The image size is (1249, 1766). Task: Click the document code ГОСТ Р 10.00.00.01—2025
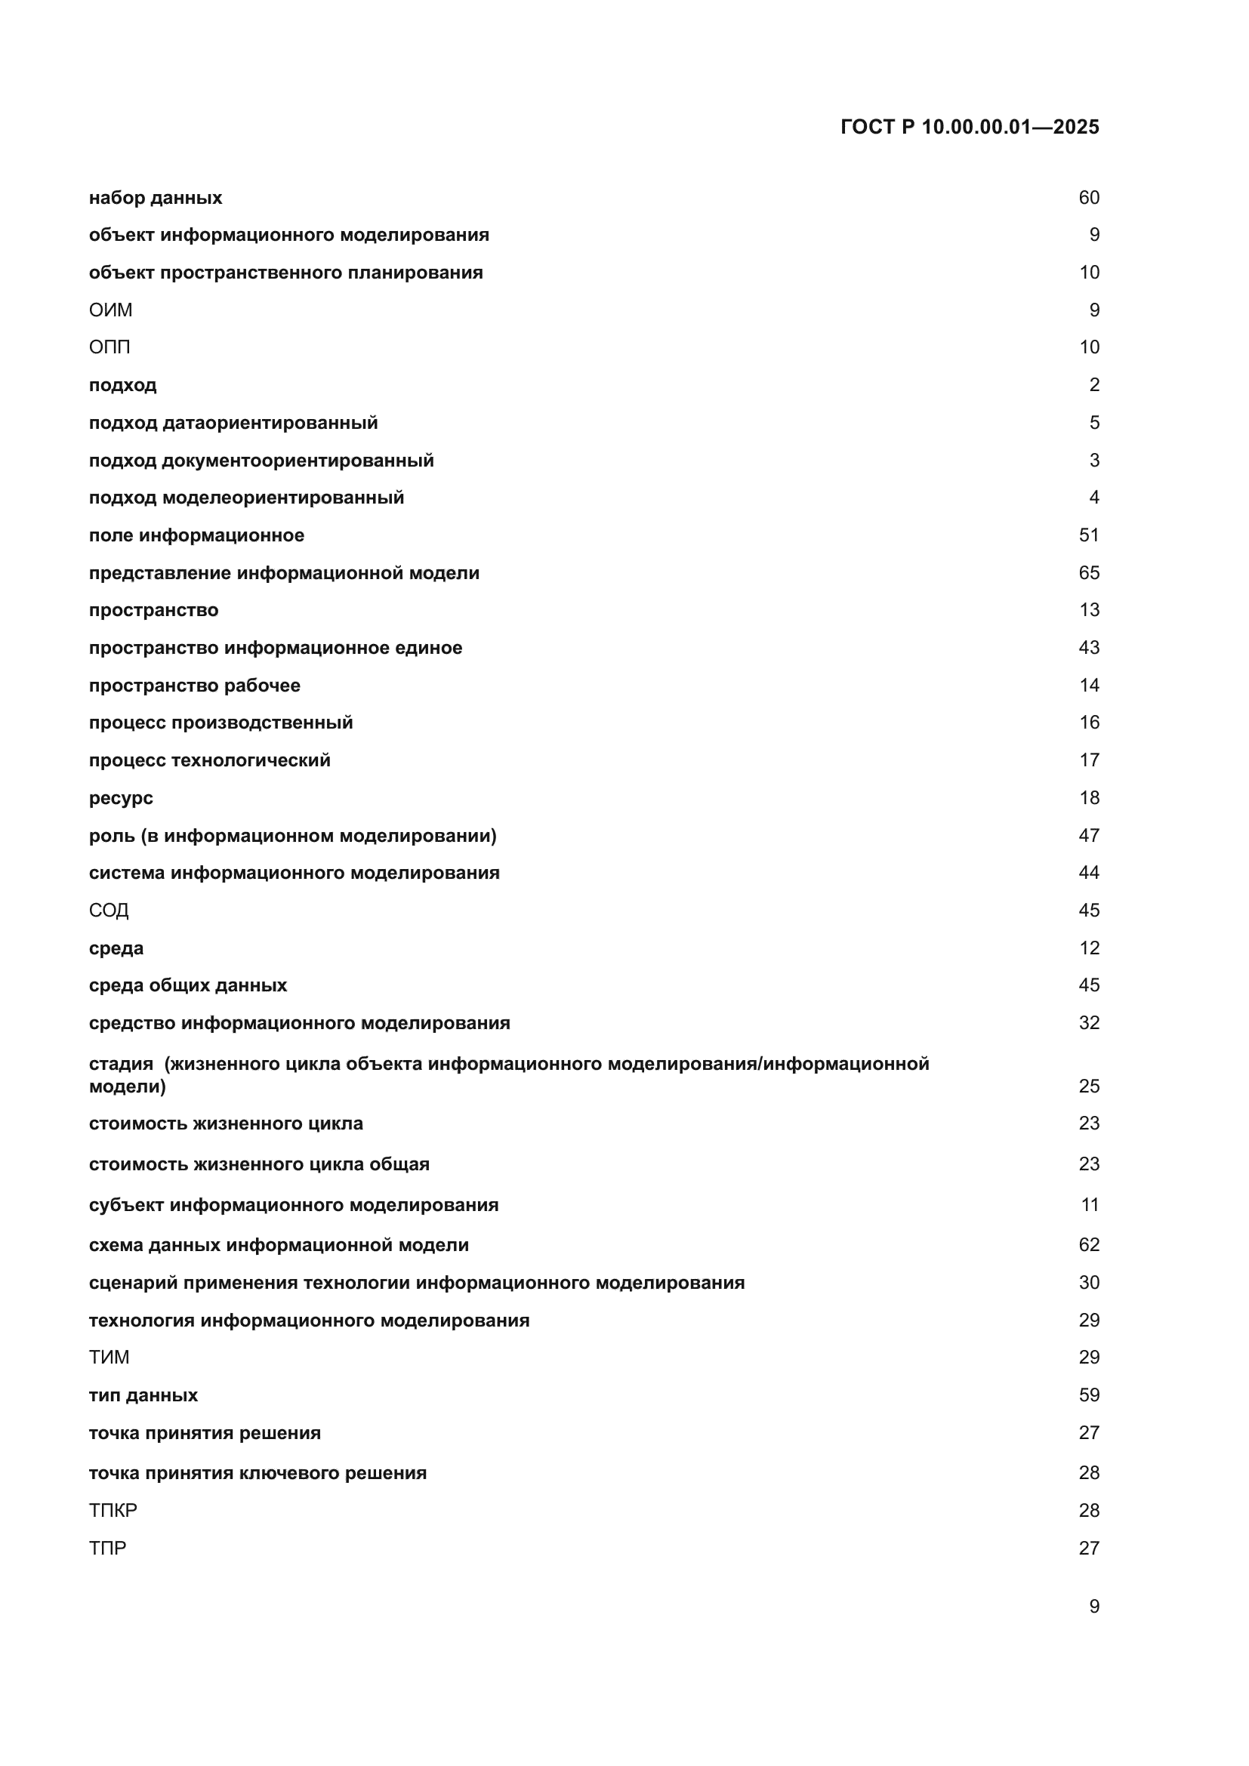click(969, 127)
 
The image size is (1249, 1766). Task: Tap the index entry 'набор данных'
click(156, 198)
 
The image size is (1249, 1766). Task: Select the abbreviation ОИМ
click(111, 310)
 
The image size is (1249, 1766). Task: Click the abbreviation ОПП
click(109, 347)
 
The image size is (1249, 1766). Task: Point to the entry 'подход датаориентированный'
click(233, 422)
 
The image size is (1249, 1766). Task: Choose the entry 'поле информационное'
click(196, 535)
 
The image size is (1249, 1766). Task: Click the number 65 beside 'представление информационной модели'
click(1088, 573)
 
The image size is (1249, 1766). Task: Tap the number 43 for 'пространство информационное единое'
click(1088, 648)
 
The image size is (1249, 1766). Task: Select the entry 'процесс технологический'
click(209, 760)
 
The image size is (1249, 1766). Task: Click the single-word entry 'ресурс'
click(121, 797)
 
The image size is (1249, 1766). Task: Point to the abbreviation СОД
click(109, 910)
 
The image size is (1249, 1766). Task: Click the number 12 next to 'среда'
click(1089, 948)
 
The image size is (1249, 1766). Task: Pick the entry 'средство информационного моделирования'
click(299, 1023)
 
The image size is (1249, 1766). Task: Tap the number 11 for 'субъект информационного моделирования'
click(1090, 1204)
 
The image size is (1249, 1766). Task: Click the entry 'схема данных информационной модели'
click(279, 1244)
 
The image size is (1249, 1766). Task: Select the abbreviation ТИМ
click(109, 1357)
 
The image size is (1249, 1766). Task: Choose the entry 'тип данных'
click(143, 1395)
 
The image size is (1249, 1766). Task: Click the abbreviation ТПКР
click(113, 1510)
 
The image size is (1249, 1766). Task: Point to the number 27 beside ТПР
click(1088, 1548)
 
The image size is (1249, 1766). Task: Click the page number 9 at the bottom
click(1093, 1607)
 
